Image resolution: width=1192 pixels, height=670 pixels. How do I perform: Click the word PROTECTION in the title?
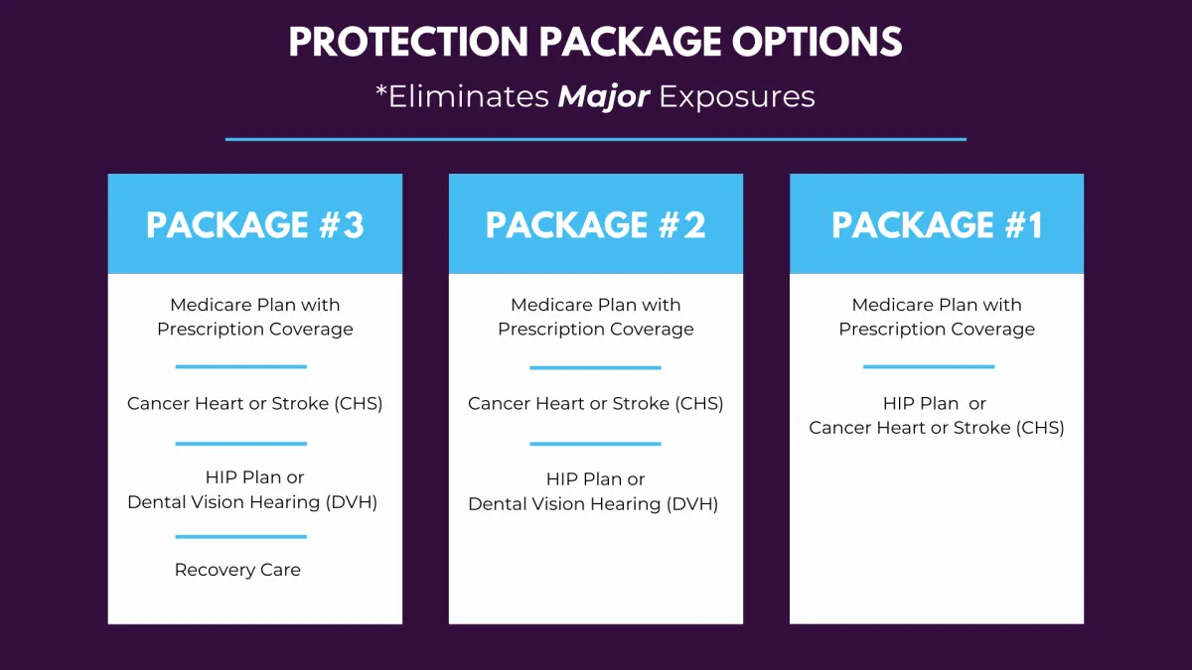[408, 42]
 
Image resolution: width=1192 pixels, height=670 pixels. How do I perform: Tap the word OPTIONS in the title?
[817, 42]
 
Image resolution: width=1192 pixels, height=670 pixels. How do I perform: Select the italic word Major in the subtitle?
[604, 97]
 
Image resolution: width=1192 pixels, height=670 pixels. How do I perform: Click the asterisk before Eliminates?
[380, 89]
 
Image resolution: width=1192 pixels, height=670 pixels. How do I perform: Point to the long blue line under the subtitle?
[595, 139]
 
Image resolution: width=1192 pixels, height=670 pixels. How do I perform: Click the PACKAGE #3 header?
[255, 225]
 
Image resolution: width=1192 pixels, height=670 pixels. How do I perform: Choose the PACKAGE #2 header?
[595, 225]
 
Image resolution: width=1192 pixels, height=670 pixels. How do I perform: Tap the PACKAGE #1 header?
[937, 225]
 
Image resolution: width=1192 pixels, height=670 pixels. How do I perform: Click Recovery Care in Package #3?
[237, 570]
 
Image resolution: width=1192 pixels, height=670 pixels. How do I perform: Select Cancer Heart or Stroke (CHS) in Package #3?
[255, 404]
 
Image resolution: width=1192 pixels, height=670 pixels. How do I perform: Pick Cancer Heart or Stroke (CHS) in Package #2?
[595, 404]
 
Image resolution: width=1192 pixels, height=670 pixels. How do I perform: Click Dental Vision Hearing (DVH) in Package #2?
[593, 504]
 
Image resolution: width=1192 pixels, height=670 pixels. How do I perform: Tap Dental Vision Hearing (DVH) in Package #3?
[252, 502]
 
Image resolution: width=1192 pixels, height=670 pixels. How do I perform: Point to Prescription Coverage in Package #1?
[937, 330]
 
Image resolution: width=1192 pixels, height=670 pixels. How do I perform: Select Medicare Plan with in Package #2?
[595, 305]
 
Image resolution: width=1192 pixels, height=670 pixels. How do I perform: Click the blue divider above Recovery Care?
[241, 537]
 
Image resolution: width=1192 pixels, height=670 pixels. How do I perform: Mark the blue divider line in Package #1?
[929, 366]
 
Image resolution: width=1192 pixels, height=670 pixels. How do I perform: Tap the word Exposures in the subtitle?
[737, 97]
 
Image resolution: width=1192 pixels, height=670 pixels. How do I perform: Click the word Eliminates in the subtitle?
[468, 97]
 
